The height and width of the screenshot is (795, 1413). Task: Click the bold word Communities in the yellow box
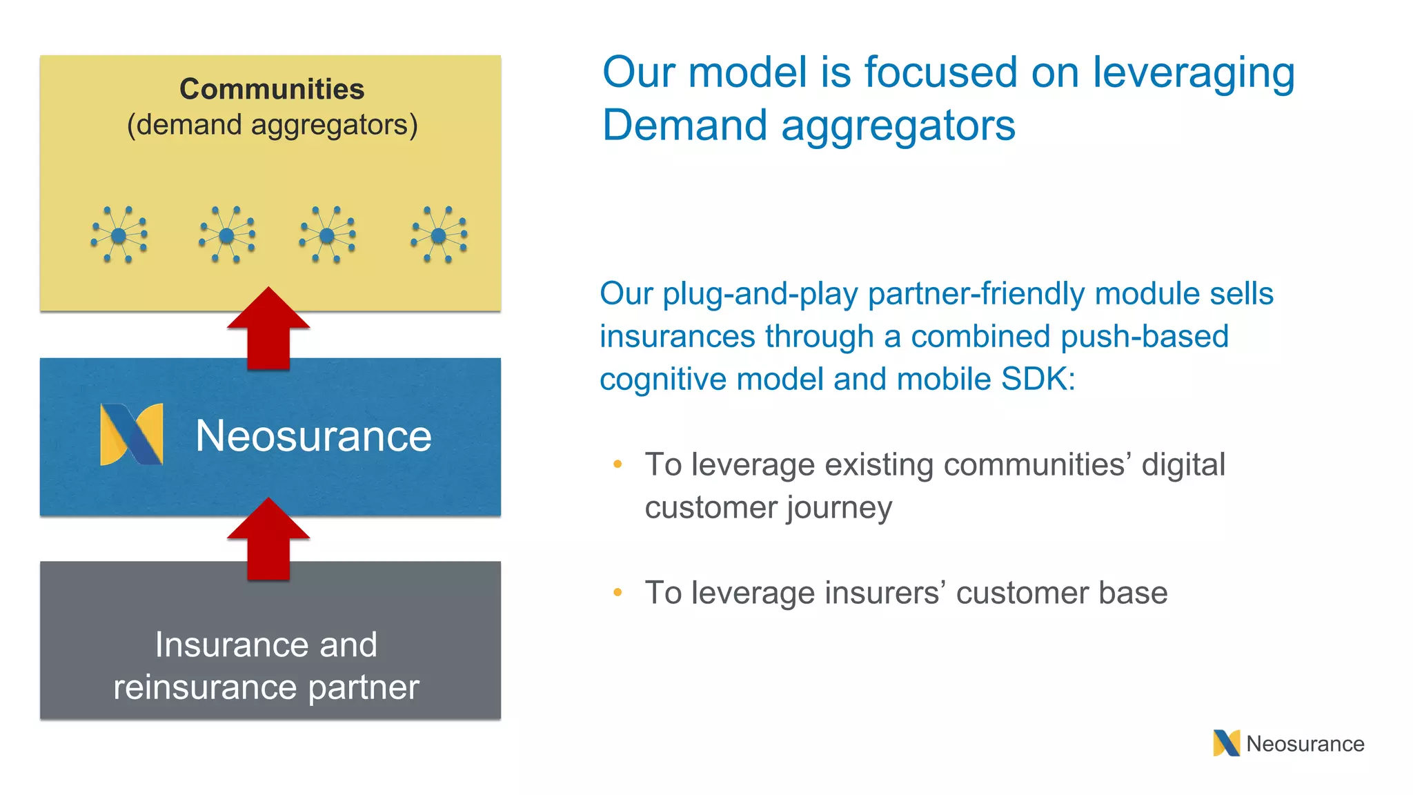(272, 89)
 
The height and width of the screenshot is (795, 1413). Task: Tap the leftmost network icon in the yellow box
(119, 235)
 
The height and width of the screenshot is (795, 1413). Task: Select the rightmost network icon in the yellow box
(439, 235)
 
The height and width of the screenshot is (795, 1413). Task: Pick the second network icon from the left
(226, 235)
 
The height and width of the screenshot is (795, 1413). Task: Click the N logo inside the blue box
(132, 434)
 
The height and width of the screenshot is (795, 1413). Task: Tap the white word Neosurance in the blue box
(313, 436)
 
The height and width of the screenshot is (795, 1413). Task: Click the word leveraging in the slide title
(1193, 73)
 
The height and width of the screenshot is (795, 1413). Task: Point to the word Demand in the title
(684, 126)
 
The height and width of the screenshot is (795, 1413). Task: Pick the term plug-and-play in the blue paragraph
(762, 294)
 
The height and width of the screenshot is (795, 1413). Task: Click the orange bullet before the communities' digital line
(617, 464)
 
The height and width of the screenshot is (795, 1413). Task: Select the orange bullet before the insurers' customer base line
(617, 592)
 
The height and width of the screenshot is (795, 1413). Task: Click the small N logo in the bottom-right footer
(1226, 743)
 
